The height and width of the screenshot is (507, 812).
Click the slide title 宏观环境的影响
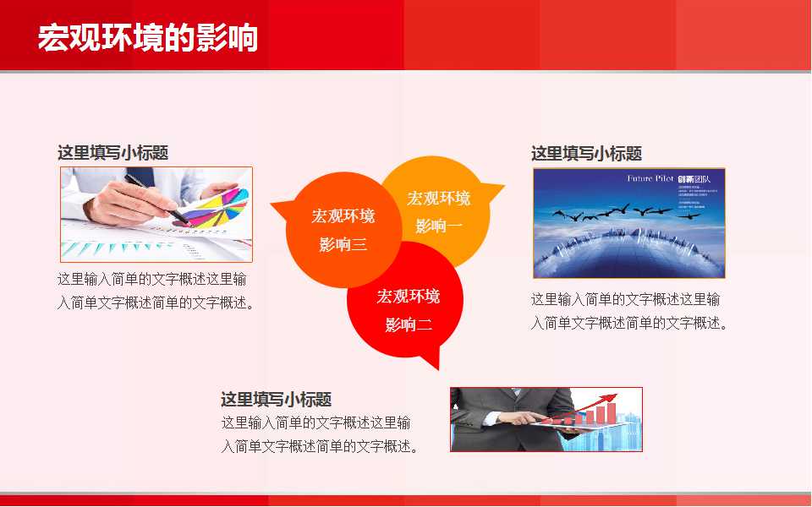[x=147, y=37]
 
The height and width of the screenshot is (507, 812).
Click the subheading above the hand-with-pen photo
[x=112, y=153]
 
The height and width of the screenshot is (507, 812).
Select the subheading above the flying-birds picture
[x=586, y=154]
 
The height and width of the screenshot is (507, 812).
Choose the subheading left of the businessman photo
[x=276, y=400]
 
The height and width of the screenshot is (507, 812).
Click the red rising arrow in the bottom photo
[x=592, y=404]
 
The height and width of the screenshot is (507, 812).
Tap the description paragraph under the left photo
[x=156, y=291]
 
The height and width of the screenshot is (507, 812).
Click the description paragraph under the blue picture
[x=629, y=311]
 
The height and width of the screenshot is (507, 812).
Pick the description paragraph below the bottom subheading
[x=320, y=434]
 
